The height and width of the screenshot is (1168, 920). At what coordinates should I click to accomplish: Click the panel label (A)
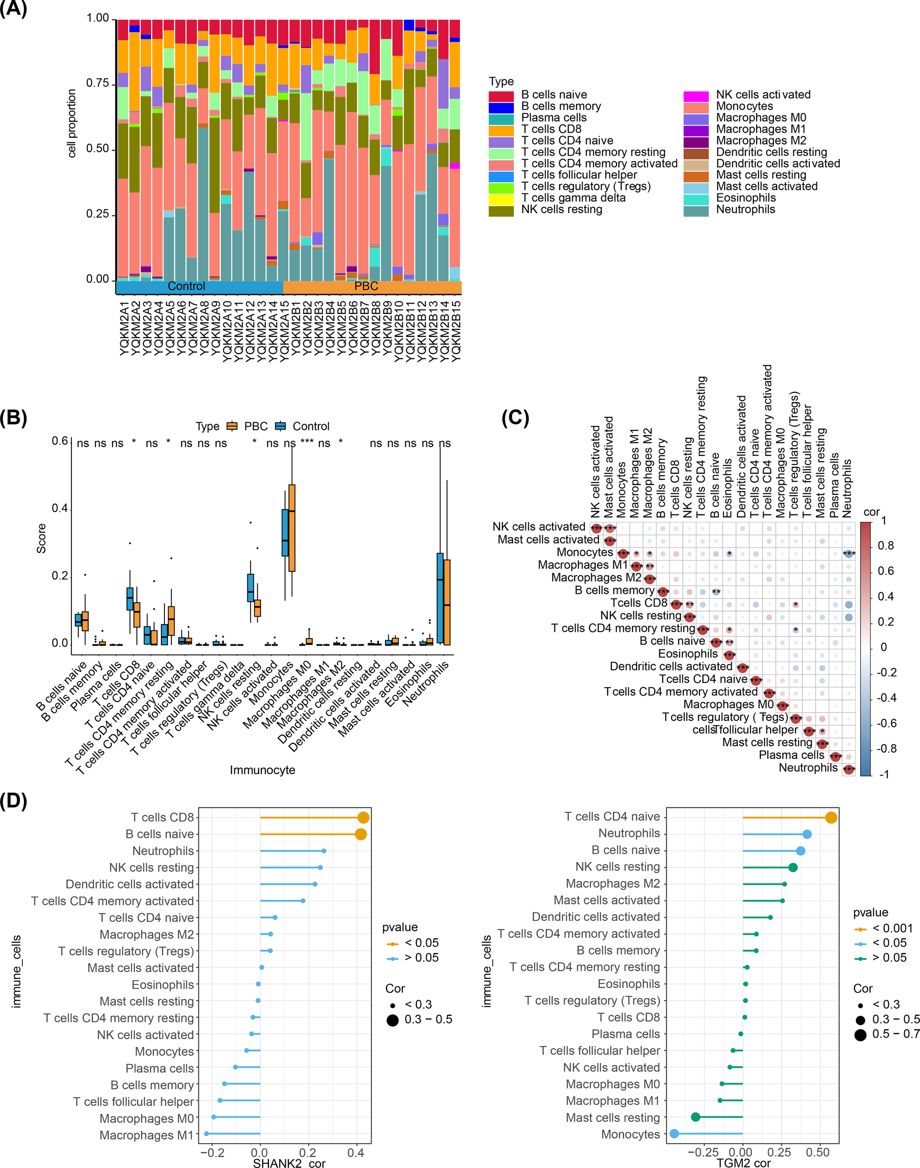tap(14, 10)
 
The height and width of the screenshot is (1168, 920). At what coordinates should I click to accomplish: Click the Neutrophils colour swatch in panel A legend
tap(695, 210)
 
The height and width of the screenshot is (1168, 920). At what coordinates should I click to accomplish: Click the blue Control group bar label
tap(186, 287)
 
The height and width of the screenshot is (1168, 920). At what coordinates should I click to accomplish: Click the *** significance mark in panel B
tap(307, 443)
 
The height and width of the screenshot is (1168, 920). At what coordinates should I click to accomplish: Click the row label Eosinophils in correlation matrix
tap(688, 654)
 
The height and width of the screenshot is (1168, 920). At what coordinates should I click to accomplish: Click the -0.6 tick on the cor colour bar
tap(885, 723)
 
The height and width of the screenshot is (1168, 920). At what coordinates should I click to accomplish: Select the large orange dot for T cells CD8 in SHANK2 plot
tap(363, 818)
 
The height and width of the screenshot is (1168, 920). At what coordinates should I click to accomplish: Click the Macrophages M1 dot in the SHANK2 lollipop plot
tap(206, 1134)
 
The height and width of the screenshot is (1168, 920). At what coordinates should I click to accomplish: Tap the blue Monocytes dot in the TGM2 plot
tap(674, 1134)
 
